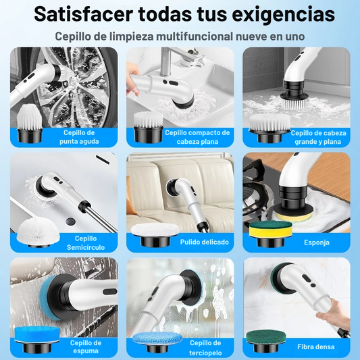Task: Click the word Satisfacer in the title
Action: [83, 14]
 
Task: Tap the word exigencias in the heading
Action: [283, 15]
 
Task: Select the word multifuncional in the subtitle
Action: [195, 36]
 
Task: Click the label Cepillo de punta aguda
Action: [79, 137]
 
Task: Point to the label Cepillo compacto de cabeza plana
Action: [197, 137]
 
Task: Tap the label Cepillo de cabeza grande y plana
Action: [318, 137]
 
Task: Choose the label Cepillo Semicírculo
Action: [86, 243]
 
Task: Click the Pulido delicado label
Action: [205, 242]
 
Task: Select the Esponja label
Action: [317, 242]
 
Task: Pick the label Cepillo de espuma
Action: [86, 347]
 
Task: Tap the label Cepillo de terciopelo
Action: [205, 348]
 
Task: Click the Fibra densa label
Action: [315, 346]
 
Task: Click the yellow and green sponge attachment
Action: [271, 234]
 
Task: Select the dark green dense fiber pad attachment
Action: [266, 340]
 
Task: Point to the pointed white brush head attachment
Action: [30, 123]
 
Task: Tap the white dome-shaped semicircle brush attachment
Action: [38, 232]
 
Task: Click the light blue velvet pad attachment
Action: [157, 341]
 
